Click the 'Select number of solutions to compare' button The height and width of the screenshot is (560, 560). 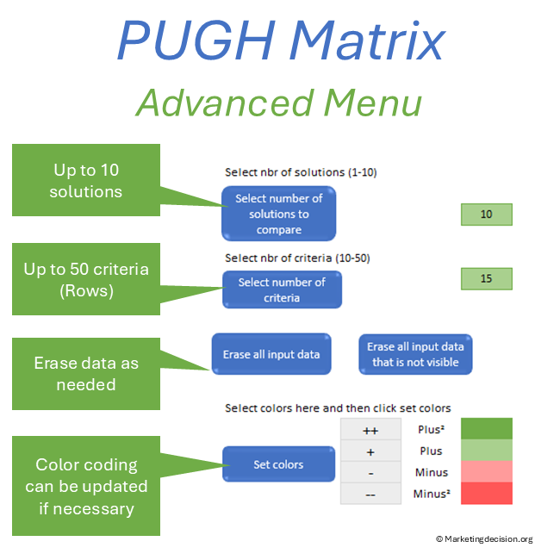point(278,214)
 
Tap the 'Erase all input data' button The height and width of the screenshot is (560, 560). point(271,354)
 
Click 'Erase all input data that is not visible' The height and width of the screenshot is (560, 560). point(415,354)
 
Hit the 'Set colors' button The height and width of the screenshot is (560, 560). point(278,464)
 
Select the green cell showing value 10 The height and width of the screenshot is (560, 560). point(487,215)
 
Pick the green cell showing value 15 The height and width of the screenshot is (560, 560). point(487,278)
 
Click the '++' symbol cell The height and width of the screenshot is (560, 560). point(370,429)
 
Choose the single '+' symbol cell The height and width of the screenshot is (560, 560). point(370,451)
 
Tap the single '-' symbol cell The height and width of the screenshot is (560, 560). point(370,472)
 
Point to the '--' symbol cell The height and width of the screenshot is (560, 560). point(370,494)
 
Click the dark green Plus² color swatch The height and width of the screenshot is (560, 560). point(487,429)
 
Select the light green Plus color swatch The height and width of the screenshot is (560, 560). point(487,451)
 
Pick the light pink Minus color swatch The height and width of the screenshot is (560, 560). point(487,472)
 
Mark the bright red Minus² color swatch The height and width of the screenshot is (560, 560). point(487,494)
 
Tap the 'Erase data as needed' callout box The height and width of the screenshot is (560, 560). point(86,374)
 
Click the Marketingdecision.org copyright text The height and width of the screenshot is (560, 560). point(484,539)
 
